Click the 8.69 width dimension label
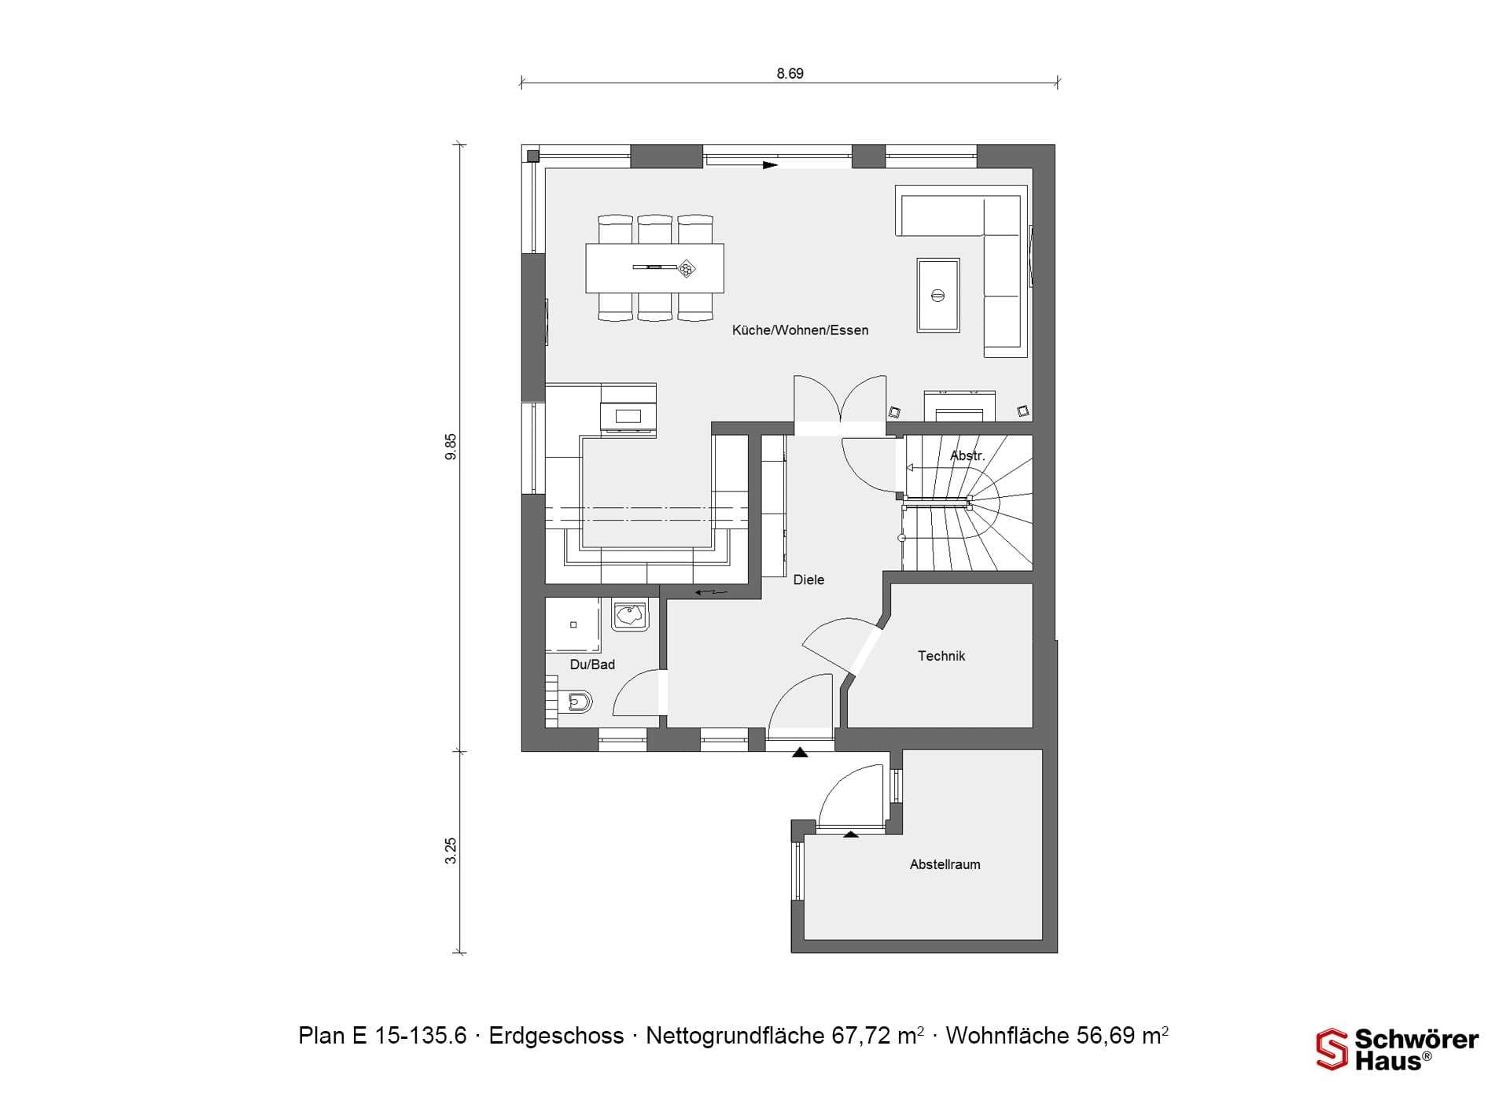tap(790, 73)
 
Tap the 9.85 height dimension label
tap(451, 447)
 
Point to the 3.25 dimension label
tap(451, 851)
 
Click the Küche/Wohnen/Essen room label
tap(800, 330)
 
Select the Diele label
tap(808, 580)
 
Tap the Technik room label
tap(941, 656)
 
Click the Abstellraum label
tap(945, 864)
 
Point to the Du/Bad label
tap(592, 665)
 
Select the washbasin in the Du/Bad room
tap(630, 615)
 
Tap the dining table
tap(654, 268)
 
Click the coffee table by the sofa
tap(937, 296)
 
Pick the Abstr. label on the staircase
tap(967, 456)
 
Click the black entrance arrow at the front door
tap(800, 753)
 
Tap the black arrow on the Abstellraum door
tap(851, 834)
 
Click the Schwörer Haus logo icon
tap(1331, 1050)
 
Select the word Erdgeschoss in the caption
tap(556, 1036)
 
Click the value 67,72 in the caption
tap(864, 1036)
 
